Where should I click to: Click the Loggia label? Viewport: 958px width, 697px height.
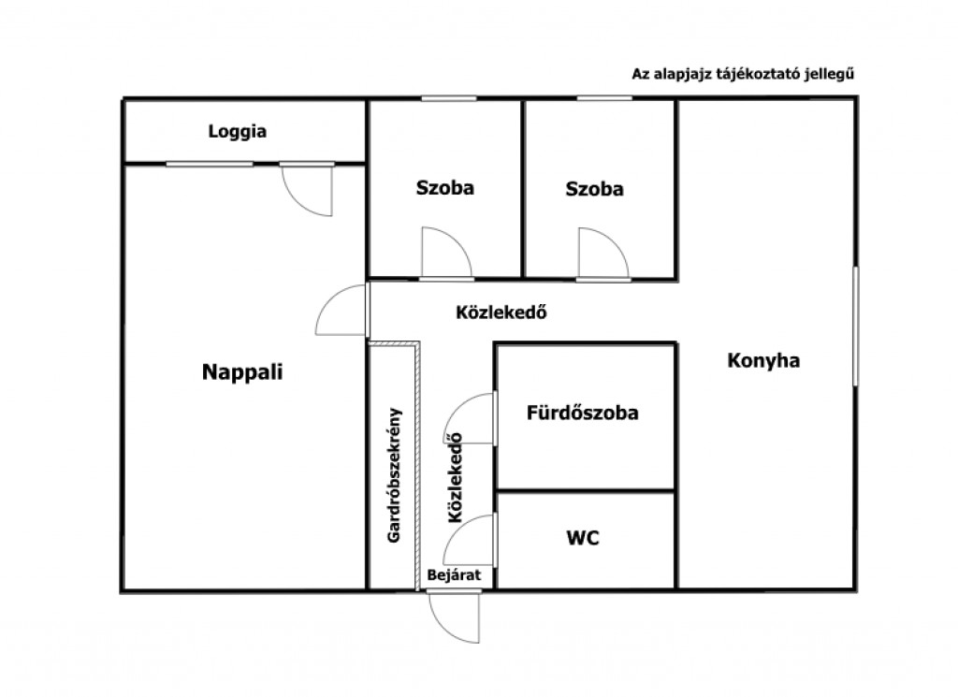(x=237, y=131)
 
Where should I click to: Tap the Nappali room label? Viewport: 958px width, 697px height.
(x=242, y=371)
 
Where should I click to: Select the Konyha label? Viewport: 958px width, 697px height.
(x=763, y=360)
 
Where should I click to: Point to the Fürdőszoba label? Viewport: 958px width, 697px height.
(x=582, y=413)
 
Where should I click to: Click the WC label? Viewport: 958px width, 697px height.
(x=583, y=538)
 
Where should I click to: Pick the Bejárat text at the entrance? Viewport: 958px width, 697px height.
(x=454, y=574)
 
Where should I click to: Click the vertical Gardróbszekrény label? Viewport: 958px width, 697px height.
(x=394, y=474)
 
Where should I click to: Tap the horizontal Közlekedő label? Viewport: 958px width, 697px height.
(x=501, y=312)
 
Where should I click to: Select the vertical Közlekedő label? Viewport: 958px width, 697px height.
(x=456, y=478)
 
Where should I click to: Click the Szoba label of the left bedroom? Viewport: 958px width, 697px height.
(x=444, y=187)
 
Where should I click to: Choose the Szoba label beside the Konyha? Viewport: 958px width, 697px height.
(x=594, y=189)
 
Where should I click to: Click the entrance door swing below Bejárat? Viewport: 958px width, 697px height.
(x=454, y=617)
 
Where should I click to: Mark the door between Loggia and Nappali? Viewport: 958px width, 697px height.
(x=307, y=189)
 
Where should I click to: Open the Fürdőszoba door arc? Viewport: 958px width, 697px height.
(x=469, y=418)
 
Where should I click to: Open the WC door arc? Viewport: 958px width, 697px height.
(x=469, y=540)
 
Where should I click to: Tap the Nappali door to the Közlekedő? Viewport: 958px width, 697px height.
(x=341, y=310)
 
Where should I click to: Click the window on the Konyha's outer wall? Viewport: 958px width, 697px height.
(x=855, y=326)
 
